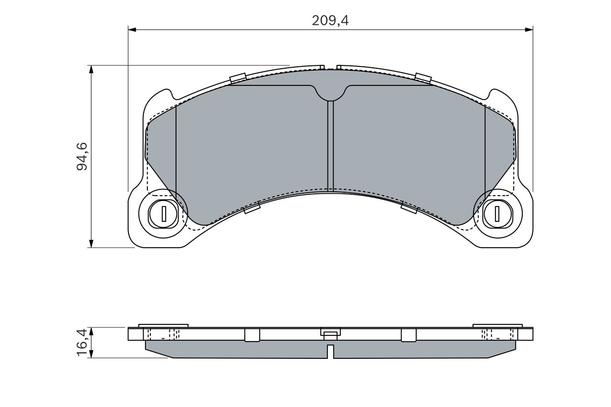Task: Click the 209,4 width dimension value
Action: point(330,21)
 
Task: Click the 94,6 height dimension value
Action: point(82,156)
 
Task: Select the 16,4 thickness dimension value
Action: point(82,342)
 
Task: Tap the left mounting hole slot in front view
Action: point(164,213)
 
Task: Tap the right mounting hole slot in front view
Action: point(497,213)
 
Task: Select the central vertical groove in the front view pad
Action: point(330,146)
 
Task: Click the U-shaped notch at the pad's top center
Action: point(330,94)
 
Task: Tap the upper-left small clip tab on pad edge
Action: point(238,78)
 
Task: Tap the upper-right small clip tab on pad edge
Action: point(423,78)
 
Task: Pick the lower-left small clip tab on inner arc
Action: point(252,207)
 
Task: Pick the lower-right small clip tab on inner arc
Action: point(409,207)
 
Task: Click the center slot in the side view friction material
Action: point(330,351)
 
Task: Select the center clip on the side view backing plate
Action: point(330,333)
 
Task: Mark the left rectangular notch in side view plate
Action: point(252,335)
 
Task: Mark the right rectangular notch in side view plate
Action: point(409,335)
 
